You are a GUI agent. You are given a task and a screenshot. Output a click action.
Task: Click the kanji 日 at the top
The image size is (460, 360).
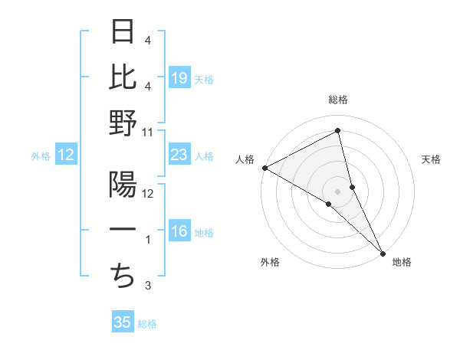123,32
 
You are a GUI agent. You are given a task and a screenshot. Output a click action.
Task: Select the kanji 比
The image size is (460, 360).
123,77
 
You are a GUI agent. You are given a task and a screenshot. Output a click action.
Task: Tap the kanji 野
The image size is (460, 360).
123,123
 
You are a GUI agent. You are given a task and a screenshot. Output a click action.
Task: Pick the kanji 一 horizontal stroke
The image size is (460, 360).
123,231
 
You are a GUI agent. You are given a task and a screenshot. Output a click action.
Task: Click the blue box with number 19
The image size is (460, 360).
179,78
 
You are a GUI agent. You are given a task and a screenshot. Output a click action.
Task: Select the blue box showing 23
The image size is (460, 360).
179,155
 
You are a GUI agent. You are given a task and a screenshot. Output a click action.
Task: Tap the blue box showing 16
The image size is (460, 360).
179,232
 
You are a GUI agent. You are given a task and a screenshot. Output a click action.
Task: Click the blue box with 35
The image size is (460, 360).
123,322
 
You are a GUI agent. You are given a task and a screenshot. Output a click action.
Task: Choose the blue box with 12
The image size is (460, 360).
66,155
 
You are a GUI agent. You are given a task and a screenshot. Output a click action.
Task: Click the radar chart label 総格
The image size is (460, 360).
338,100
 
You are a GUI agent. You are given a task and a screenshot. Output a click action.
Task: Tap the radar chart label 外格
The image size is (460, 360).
270,262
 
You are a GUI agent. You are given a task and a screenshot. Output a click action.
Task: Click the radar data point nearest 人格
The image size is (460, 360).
264,168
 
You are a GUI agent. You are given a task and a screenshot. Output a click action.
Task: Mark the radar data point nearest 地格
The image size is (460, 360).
383,251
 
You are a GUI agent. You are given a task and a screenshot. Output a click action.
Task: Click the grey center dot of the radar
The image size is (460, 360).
338,191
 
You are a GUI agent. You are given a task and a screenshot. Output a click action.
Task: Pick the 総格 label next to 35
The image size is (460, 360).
147,324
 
